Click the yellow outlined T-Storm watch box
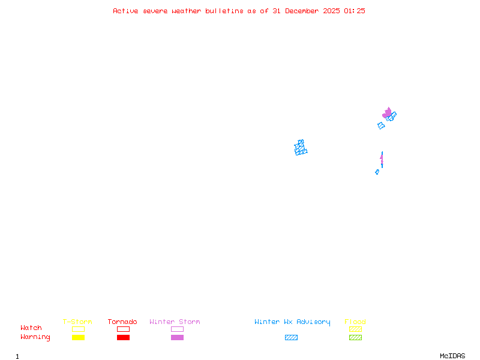pyautogui.click(x=78, y=329)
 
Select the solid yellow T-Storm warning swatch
pyautogui.click(x=78, y=337)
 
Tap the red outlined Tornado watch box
pyautogui.click(x=123, y=329)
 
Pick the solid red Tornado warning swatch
pyautogui.click(x=123, y=337)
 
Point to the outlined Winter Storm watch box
pyautogui.click(x=177, y=329)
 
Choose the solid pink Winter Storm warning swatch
pyautogui.click(x=177, y=337)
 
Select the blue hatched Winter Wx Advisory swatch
pyautogui.click(x=291, y=337)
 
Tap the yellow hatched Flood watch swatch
pyautogui.click(x=355, y=329)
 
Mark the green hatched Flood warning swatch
pyautogui.click(x=355, y=337)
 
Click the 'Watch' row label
pyautogui.click(x=31, y=328)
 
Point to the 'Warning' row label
pyautogui.click(x=35, y=337)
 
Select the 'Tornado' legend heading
pyautogui.click(x=122, y=322)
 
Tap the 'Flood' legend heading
pyautogui.click(x=355, y=322)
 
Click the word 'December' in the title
pyautogui.click(x=304, y=11)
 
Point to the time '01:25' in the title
pyautogui.click(x=355, y=11)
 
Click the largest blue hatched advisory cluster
pyautogui.click(x=301, y=148)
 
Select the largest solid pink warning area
pyautogui.click(x=387, y=113)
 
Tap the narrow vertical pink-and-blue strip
pyautogui.click(x=382, y=160)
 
